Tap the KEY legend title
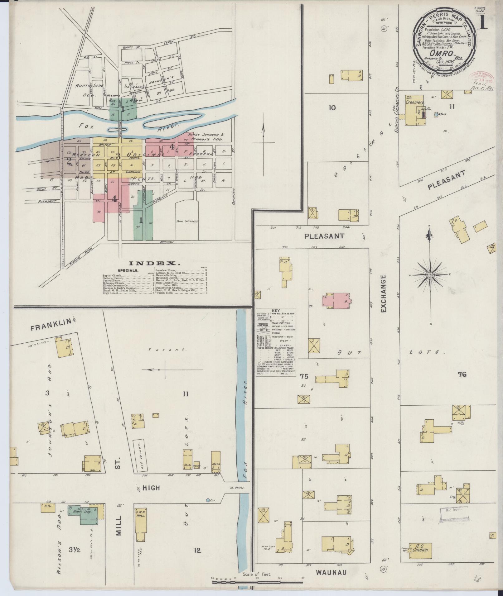coord(276,311)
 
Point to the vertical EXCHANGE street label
coord(384,293)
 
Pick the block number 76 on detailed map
coord(462,374)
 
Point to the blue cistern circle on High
coord(208,500)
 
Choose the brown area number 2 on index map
coord(69,161)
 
